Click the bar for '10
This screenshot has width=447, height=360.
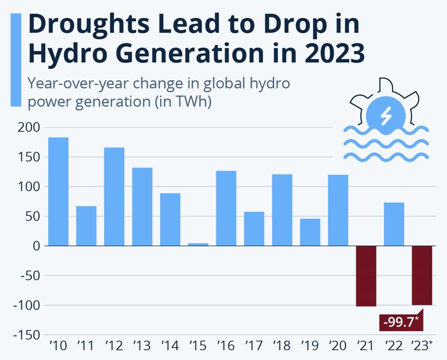58,191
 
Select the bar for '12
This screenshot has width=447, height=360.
114,196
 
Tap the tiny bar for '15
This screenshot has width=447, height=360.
198,244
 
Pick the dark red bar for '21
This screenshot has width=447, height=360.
366,276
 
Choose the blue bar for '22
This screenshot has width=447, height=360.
394,224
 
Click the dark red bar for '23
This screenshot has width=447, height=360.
422,276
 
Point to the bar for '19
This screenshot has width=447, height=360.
310,232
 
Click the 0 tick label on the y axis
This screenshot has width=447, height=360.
36,246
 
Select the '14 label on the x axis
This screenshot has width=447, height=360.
170,345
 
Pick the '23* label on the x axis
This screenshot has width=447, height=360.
423,345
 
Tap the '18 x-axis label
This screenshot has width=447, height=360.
282,345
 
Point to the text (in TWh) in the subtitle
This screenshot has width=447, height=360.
184,101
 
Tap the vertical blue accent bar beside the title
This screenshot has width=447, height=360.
15,60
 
